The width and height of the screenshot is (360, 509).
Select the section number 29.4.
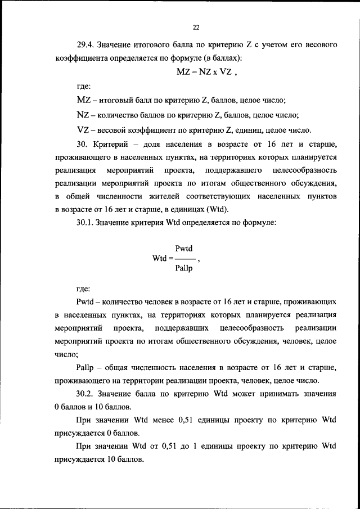(x=87, y=44)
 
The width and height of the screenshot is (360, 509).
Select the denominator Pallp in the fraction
(x=184, y=268)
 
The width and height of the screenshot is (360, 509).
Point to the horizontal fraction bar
(x=184, y=259)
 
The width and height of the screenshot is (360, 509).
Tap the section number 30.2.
(x=85, y=394)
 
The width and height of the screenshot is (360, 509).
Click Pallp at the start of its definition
(x=84, y=367)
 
